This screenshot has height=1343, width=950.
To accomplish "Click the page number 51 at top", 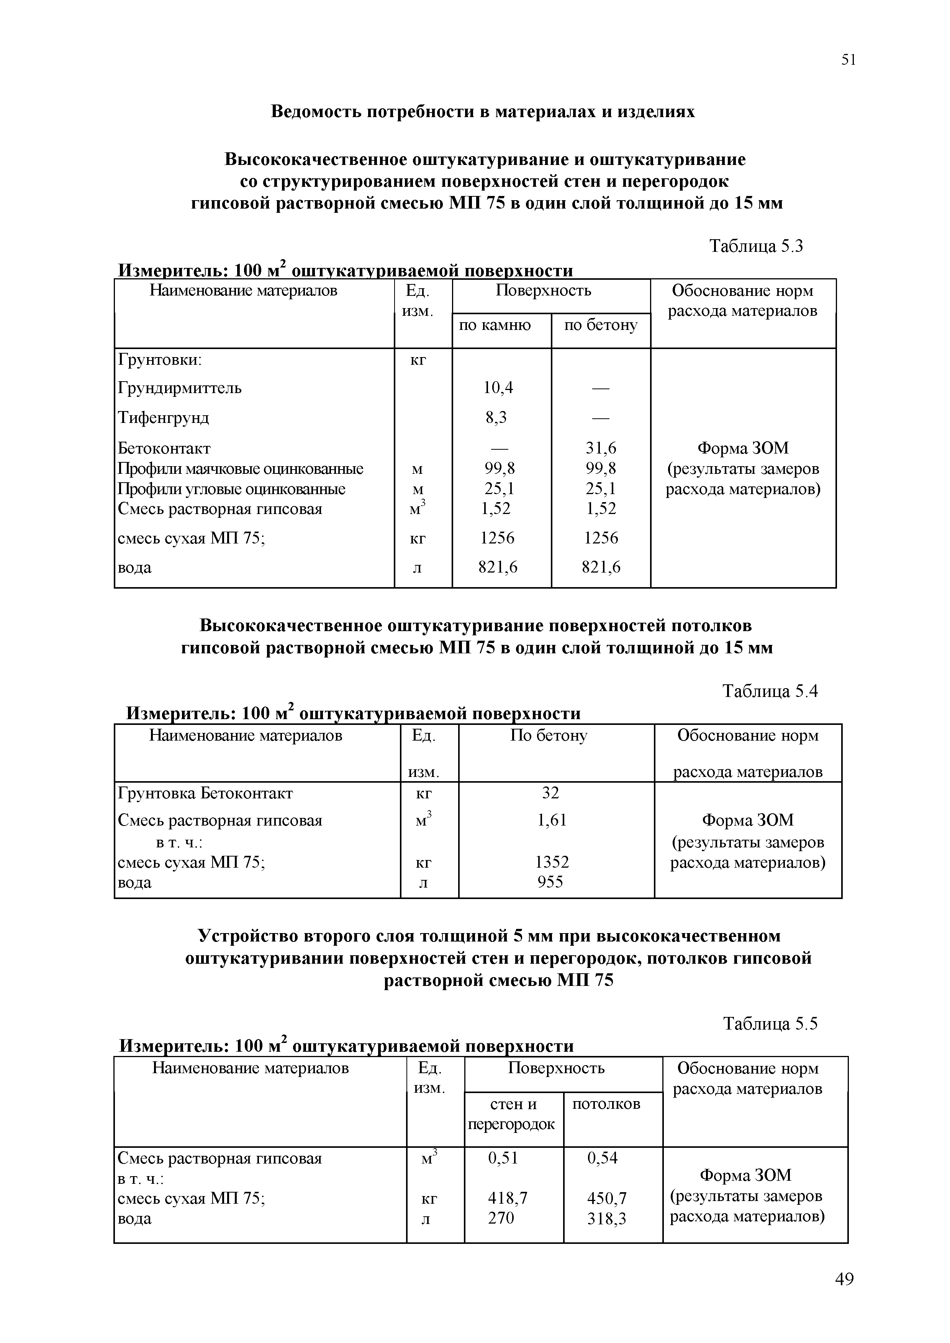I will click(848, 60).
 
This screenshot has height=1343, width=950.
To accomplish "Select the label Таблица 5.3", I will click(756, 246).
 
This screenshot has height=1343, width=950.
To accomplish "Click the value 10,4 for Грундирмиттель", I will click(498, 388).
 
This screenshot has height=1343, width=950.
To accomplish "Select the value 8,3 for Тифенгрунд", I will click(496, 418).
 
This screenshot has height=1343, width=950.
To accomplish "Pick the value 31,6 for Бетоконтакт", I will click(601, 448).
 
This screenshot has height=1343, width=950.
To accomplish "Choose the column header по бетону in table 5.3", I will click(601, 325).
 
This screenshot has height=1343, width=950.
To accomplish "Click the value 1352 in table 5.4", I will click(552, 862).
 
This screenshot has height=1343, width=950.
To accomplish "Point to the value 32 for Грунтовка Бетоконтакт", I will click(550, 793).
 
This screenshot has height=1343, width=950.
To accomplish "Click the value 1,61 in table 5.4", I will click(552, 820).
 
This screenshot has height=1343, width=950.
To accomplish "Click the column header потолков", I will click(606, 1104).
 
